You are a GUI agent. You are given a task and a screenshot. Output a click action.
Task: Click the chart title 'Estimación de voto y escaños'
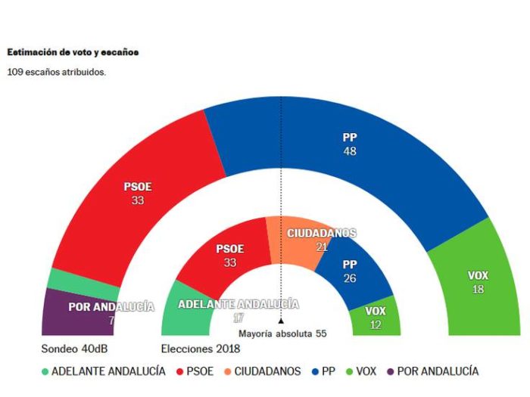[73, 53]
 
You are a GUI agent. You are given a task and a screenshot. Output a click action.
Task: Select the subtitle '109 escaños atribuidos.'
[57, 73]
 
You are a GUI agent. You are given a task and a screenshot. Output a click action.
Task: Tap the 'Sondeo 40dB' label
[71, 349]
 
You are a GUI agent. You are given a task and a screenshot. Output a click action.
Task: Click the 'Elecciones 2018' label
[201, 349]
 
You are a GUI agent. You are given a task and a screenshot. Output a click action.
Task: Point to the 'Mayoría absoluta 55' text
[282, 333]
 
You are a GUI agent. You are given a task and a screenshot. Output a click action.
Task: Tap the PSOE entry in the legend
[195, 371]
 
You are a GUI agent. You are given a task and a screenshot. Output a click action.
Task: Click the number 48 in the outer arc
[349, 151]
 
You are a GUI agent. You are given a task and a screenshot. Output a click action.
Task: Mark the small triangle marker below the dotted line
[281, 322]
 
